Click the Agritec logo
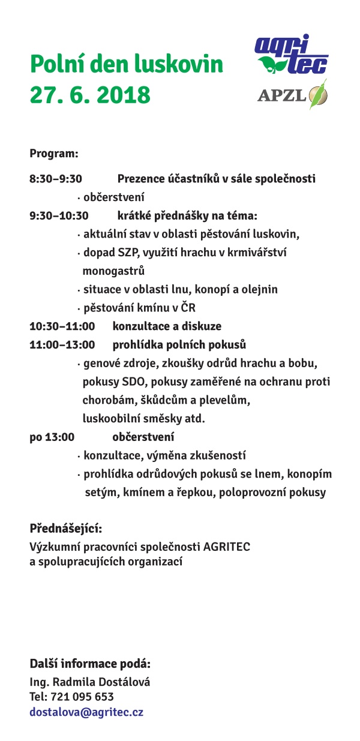pyautogui.click(x=291, y=55)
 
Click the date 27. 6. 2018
pyautogui.click(x=90, y=95)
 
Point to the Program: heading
pyautogui.click(x=54, y=153)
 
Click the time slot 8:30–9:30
pyautogui.click(x=55, y=179)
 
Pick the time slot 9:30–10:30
pyautogui.click(x=59, y=215)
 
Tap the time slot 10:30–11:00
pyautogui.click(x=62, y=326)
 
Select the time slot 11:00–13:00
pyautogui.click(x=62, y=345)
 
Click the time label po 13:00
pyautogui.click(x=52, y=437)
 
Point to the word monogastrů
pyautogui.click(x=113, y=271)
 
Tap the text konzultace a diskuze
pyautogui.click(x=167, y=326)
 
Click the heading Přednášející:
pyautogui.click(x=66, y=529)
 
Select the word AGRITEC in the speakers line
pyautogui.click(x=228, y=547)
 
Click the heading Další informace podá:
pyautogui.click(x=90, y=664)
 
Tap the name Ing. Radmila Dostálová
pyautogui.click(x=90, y=682)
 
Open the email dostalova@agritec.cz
pyautogui.click(x=86, y=713)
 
